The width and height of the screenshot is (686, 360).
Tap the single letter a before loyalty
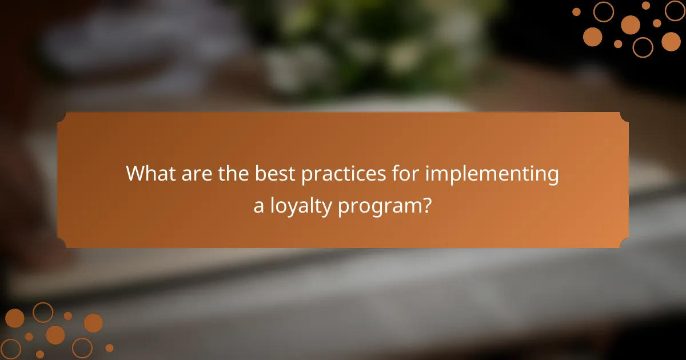tap(259, 206)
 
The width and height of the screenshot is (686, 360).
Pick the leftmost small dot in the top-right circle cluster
tap(576, 11)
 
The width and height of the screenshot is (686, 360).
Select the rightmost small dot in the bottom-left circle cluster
tap(109, 347)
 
